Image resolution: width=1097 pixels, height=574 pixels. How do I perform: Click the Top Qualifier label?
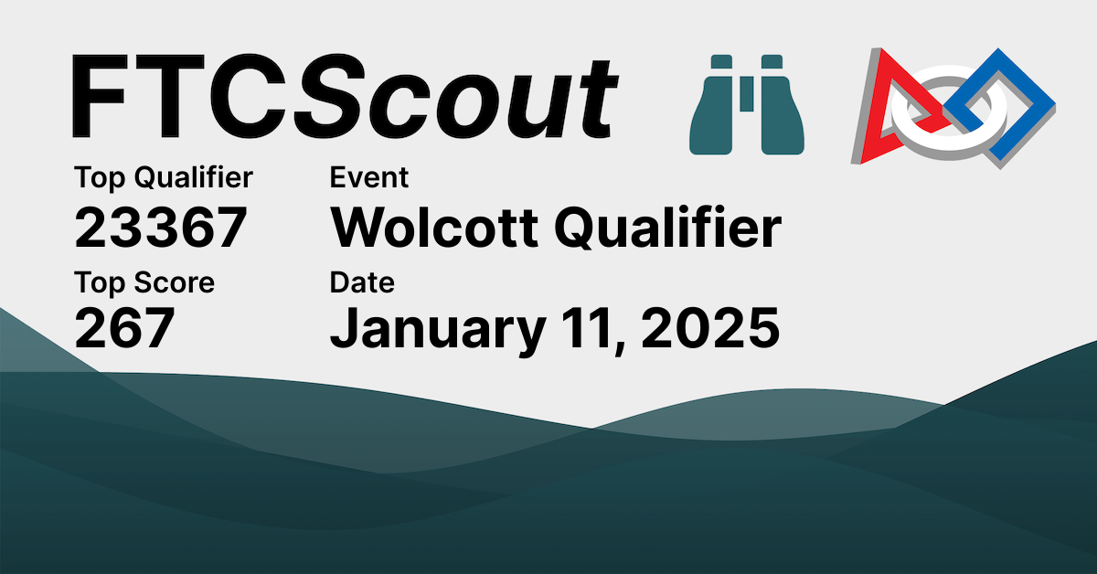click(x=164, y=177)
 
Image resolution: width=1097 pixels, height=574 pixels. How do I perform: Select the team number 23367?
click(x=161, y=228)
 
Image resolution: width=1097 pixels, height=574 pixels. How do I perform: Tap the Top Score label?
click(x=144, y=282)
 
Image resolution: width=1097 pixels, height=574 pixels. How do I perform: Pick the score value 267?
click(x=124, y=330)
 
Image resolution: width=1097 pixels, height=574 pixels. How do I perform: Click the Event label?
click(x=369, y=177)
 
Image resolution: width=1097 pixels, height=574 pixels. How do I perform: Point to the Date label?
click(x=362, y=282)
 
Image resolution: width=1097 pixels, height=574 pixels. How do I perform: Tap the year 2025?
click(x=710, y=330)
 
